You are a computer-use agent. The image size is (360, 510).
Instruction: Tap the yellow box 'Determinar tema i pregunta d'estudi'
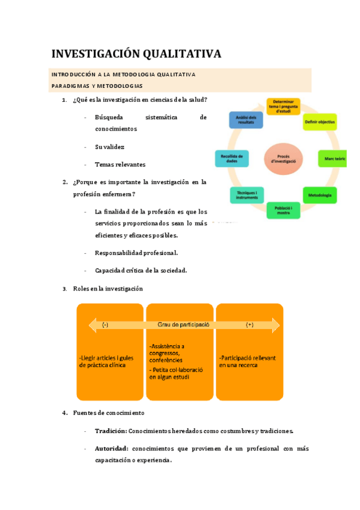(283, 107)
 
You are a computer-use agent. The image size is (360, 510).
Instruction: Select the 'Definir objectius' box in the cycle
(320, 121)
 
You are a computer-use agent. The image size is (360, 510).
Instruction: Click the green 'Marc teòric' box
(332, 159)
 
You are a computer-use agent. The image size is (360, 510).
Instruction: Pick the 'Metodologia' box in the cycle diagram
(319, 195)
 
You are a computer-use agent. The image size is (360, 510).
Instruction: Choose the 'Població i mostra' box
(283, 210)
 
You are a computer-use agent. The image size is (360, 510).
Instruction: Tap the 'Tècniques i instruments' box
(246, 195)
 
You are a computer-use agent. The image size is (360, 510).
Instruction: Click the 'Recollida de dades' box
(228, 159)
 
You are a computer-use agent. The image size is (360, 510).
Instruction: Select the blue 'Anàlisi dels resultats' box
(246, 120)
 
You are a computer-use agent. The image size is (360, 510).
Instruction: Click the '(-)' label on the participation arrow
(105, 325)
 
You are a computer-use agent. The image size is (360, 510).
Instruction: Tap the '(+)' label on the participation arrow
(250, 325)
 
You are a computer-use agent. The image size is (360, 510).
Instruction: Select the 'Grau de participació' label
(183, 324)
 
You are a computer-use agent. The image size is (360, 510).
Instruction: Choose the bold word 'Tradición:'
(111, 431)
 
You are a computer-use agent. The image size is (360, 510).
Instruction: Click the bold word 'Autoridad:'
(111, 449)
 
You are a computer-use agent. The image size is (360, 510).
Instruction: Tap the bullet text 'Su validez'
(109, 147)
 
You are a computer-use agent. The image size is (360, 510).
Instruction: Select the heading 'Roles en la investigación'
(108, 289)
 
